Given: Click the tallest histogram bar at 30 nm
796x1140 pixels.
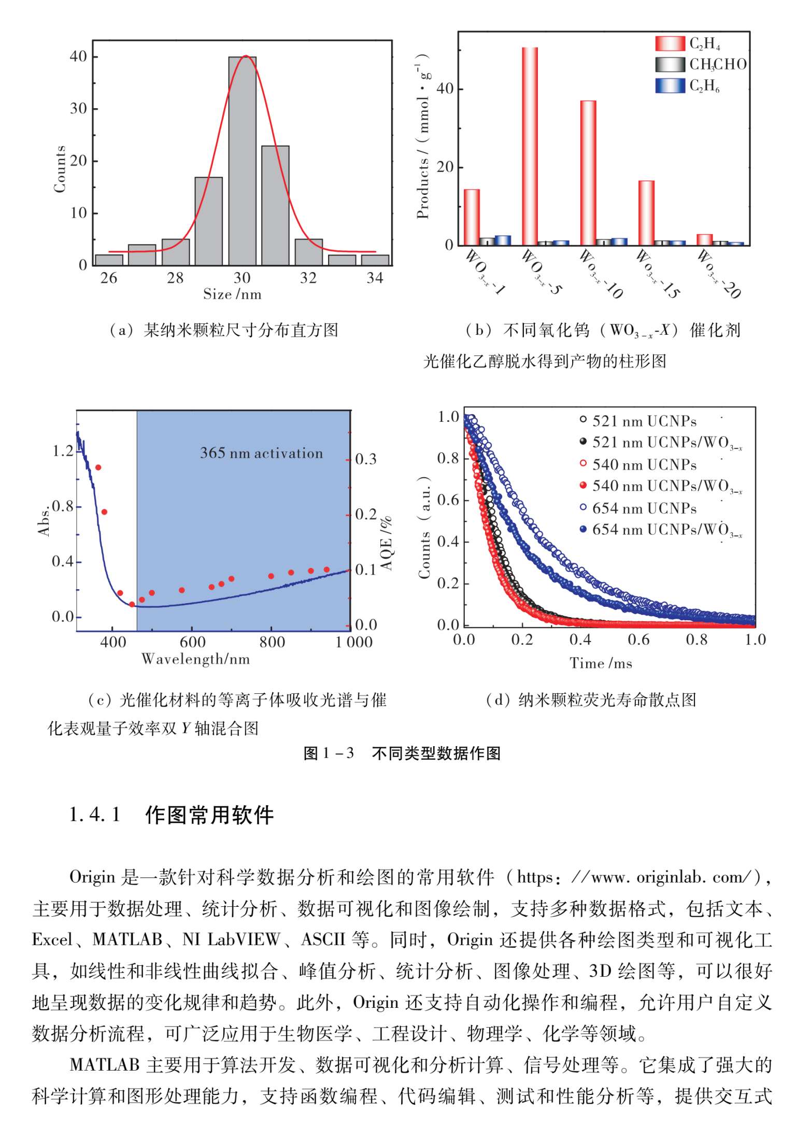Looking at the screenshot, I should coord(242,161).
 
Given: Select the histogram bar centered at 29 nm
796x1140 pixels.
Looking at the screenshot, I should coord(208,221).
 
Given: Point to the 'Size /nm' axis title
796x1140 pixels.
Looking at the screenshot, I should coord(232,294).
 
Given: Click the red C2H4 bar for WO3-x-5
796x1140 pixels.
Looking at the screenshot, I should coord(530,146).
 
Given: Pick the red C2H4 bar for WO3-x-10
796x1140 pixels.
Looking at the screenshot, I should coord(588,173).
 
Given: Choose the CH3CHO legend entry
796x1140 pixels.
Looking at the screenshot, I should coord(717,64).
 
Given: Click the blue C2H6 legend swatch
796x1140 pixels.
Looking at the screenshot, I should coord(670,85).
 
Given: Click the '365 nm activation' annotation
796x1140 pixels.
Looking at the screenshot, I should coord(261,453).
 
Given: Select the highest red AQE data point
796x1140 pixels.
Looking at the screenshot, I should coord(98,467).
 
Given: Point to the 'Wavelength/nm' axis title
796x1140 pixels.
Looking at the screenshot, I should coord(195,659).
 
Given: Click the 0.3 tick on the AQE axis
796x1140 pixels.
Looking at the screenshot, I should coord(366,459).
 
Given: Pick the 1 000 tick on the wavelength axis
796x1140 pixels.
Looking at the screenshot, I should coord(354,643).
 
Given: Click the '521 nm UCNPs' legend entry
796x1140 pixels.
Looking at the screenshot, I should coord(644,421).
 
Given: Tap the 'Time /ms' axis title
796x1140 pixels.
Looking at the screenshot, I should coord(601,663).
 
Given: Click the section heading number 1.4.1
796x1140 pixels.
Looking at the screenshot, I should coord(95,815).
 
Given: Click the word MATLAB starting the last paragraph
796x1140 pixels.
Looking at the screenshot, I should coord(104,1065).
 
